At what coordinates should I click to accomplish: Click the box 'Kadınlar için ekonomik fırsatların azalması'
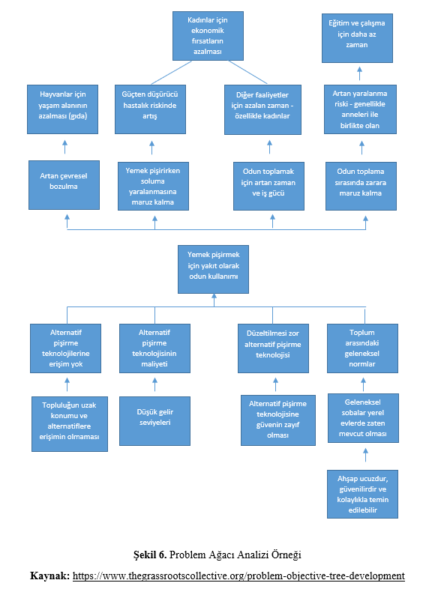tap(208, 36)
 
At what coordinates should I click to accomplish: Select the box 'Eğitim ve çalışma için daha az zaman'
tap(357, 38)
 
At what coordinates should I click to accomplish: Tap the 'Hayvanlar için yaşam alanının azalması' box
tap(63, 109)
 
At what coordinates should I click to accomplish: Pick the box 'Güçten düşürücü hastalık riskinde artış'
tap(150, 109)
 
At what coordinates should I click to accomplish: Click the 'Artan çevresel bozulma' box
tap(64, 185)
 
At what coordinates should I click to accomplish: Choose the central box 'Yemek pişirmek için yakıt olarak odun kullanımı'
tap(213, 269)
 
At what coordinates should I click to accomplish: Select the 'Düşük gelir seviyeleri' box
tap(155, 421)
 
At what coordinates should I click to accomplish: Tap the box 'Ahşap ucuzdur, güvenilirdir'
tap(362, 494)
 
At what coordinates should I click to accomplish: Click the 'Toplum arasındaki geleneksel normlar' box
tap(362, 348)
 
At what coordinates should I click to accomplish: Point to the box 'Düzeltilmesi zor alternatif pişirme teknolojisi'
tap(273, 348)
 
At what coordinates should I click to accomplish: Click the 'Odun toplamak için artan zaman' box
tap(268, 186)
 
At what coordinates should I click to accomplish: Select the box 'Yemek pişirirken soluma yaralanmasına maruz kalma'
tap(154, 186)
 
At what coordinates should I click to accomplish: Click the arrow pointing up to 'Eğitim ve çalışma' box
tap(359, 73)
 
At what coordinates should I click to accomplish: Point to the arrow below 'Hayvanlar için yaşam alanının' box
tap(65, 147)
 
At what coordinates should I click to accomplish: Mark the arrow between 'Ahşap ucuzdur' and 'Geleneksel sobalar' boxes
tap(365, 455)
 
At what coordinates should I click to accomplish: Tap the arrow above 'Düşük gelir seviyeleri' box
tap(154, 384)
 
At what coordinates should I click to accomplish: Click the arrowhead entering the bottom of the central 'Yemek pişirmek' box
tap(214, 296)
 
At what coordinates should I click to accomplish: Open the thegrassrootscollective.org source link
tap(238, 576)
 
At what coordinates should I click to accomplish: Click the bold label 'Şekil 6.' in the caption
tap(150, 555)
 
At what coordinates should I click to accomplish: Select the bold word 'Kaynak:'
tap(49, 576)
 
